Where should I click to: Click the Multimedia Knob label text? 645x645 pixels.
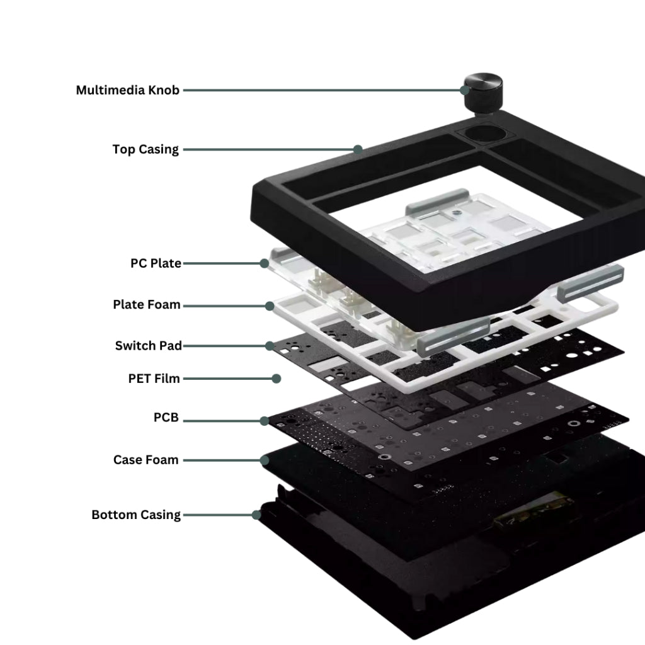point(128,90)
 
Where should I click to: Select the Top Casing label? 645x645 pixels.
point(146,149)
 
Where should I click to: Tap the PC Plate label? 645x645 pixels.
point(156,263)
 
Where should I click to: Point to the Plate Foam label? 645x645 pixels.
point(147,305)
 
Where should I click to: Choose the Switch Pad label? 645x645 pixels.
point(149,346)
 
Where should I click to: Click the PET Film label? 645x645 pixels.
point(154,379)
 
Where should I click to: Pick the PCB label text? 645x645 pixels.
point(166,418)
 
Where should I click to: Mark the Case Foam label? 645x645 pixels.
point(146,460)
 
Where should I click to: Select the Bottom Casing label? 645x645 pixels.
point(136,515)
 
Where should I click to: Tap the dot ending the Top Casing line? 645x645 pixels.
point(358,149)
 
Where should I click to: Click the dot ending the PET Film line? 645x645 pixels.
point(276,379)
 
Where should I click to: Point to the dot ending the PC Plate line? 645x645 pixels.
point(265,263)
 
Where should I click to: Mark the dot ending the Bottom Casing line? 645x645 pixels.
point(256,515)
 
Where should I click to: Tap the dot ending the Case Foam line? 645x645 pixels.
point(265,460)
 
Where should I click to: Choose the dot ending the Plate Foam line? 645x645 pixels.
point(270,305)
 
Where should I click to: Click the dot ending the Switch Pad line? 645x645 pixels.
point(270,346)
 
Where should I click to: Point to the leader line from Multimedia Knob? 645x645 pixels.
point(321,90)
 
